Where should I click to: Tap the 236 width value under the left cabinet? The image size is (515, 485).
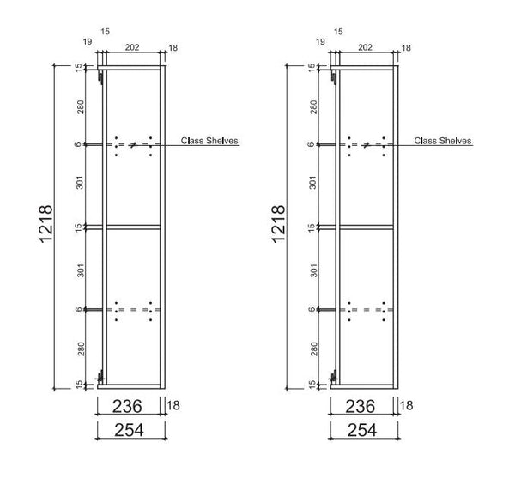pos(130,406)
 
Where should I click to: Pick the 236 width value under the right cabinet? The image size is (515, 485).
pos(362,406)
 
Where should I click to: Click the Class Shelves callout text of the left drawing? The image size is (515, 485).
pos(209,140)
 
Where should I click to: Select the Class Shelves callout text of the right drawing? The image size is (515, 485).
pos(442,140)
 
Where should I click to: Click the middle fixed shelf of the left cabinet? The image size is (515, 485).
pos(131,227)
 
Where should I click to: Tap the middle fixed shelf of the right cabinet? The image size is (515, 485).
pos(364,227)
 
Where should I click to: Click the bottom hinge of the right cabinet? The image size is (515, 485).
pos(335,376)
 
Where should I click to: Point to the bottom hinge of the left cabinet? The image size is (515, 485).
pos(102,376)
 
